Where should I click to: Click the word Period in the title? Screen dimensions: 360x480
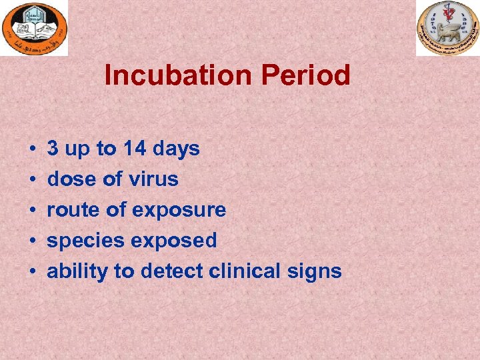coord(305,75)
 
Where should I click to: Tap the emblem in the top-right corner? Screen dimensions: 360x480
coord(447,28)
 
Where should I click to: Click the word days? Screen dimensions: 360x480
coord(176,148)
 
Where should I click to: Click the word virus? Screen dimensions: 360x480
coord(155,179)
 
